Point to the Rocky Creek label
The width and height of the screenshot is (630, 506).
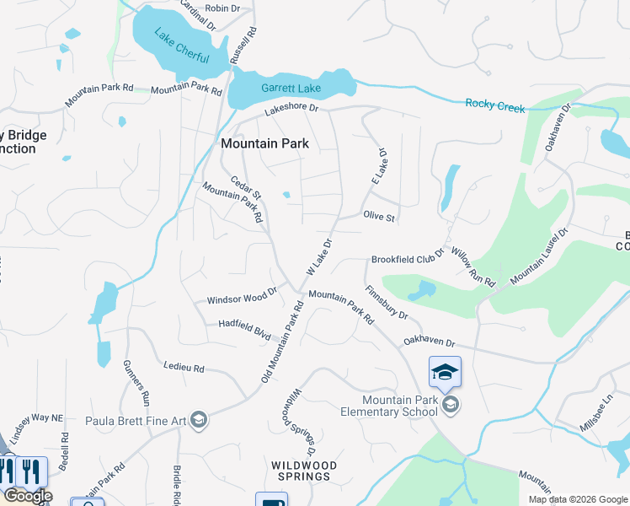(495, 106)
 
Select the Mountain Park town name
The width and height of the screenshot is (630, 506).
(264, 143)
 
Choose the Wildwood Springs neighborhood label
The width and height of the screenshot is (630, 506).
(304, 471)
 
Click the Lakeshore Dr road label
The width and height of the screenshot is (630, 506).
(291, 109)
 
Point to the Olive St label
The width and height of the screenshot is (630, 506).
(379, 218)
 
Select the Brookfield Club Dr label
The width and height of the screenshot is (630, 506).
(408, 261)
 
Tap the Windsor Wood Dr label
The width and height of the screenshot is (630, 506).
(242, 298)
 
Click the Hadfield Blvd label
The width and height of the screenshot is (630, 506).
(244, 327)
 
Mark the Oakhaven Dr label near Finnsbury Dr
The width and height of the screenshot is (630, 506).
(429, 342)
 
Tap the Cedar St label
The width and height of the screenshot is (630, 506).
(247, 185)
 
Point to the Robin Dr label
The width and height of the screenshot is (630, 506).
(222, 8)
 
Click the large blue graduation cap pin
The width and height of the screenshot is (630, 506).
(446, 371)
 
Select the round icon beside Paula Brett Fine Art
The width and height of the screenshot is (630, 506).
(199, 420)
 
